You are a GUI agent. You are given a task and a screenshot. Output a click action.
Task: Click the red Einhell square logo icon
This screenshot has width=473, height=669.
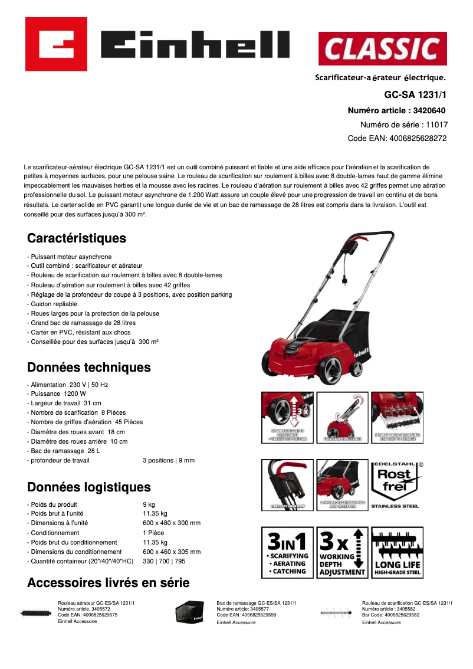coord(56,44)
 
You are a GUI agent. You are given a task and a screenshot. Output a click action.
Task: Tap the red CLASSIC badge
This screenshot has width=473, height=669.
coord(382,48)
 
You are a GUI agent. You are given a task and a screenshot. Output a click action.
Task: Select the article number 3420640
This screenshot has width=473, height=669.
coord(429,110)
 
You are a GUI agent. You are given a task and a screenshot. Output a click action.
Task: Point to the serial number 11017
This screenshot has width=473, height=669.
coord(436,124)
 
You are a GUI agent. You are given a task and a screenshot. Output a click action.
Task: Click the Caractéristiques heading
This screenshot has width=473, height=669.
coord(77,238)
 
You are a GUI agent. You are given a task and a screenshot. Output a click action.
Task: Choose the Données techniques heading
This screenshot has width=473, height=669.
coord(89,368)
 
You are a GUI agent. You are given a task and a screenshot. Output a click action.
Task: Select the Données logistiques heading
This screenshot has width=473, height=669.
coord(89,487)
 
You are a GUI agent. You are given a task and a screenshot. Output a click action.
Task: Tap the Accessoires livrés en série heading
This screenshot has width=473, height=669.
coord(109,583)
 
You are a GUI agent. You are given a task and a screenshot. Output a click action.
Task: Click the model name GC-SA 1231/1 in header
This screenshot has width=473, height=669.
coord(415,94)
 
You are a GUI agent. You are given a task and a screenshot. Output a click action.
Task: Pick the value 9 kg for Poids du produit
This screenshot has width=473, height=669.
coord(149,504)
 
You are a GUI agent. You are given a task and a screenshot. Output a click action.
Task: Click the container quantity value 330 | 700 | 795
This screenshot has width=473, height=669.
coord(164,561)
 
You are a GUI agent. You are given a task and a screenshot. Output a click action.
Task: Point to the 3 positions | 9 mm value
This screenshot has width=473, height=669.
coord(169,460)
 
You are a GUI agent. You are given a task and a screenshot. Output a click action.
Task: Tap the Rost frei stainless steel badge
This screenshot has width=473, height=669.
coord(395,484)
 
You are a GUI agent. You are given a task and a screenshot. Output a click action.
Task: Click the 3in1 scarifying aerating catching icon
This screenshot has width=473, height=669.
coord(287,552)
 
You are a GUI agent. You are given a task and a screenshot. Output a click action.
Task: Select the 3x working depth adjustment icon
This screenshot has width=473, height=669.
coord(342,552)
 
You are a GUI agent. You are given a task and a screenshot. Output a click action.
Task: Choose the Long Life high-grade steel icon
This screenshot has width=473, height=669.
coord(398,552)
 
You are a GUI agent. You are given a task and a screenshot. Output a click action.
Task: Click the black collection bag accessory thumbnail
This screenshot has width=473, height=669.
coord(190,612)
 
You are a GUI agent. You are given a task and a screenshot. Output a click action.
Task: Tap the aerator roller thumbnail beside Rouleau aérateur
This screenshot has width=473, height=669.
coord(35,613)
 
